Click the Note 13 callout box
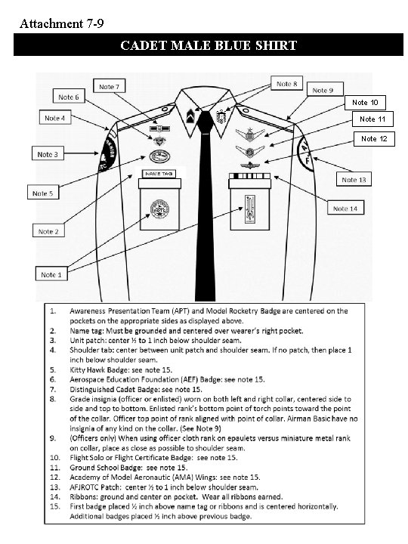coord(354,180)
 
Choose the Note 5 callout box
coord(44,193)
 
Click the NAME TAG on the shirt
coord(159,174)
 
